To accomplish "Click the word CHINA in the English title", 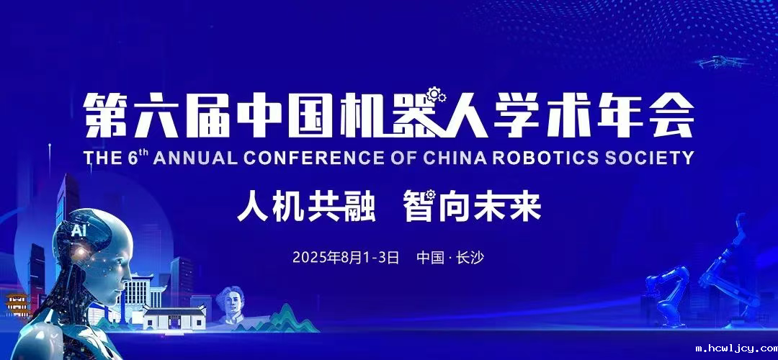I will click(470, 158).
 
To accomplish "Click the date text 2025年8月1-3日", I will click(345, 257).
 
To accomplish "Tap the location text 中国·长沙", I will click(450, 257).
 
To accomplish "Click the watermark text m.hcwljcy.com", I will click(735, 349).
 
